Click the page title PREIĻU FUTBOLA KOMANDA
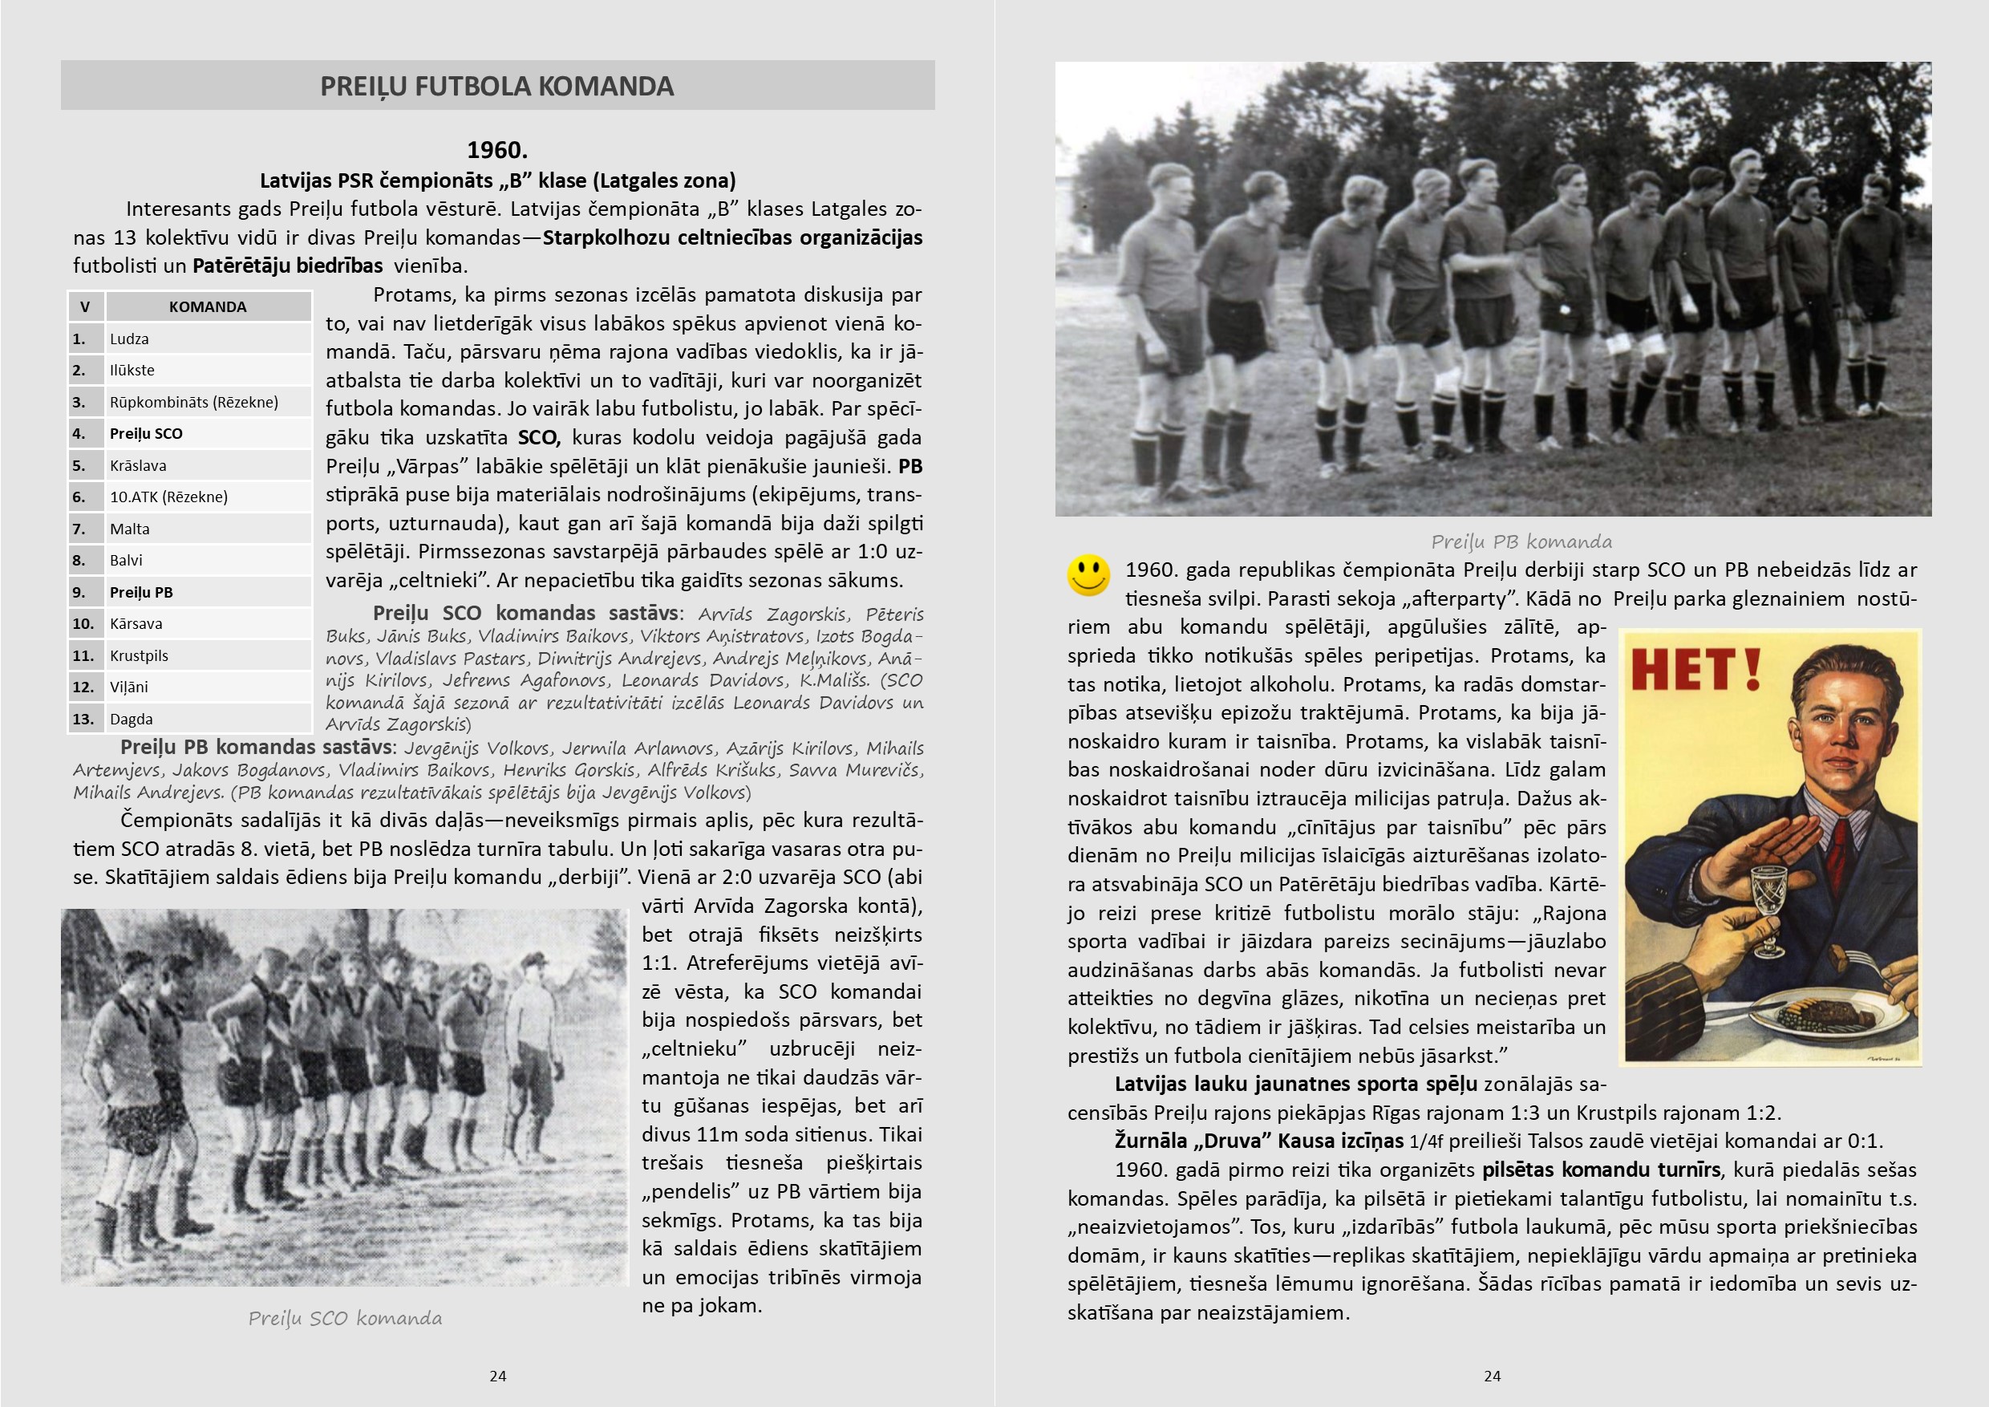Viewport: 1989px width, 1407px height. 496,86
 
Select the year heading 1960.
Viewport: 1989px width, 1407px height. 496,150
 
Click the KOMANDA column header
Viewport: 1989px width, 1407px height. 207,306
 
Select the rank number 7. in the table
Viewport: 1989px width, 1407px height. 79,529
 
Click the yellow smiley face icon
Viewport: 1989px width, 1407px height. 1088,574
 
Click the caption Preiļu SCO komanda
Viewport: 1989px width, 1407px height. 345,1319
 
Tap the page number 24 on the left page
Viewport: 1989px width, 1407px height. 497,1376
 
